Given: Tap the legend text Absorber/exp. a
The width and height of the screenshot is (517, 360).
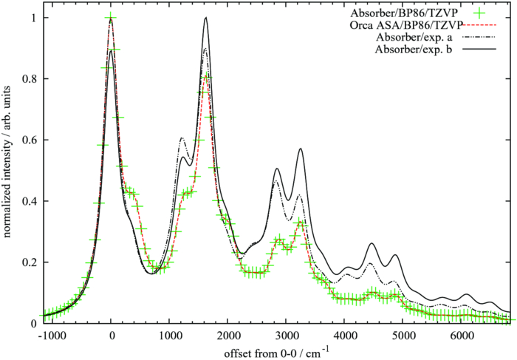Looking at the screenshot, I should pos(414,37).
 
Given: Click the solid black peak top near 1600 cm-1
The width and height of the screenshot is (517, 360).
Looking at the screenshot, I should pos(205,18).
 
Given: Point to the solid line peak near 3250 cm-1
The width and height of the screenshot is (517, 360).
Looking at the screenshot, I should pos(301,149).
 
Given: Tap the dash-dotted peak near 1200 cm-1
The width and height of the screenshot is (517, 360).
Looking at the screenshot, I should pos(181,138).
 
